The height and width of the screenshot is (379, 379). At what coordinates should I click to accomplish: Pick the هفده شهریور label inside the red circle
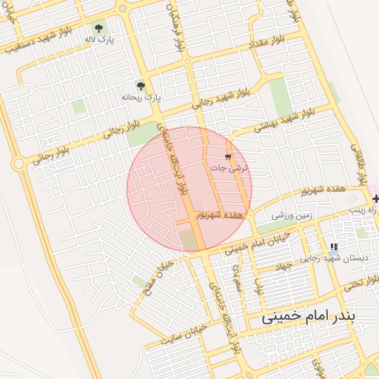[x=219, y=214]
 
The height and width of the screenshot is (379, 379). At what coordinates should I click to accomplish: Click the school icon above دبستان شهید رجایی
[x=334, y=246]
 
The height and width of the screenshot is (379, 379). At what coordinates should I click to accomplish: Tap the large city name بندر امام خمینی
[x=309, y=317]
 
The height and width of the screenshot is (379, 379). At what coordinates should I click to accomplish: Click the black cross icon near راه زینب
[x=375, y=198]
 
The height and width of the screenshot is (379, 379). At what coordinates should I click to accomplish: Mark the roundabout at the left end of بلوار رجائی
[x=19, y=163]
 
